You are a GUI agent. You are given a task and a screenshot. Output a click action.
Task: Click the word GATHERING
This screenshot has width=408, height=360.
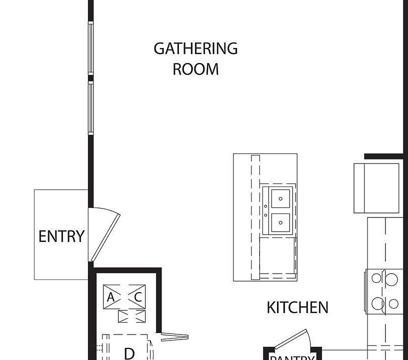point(195,49)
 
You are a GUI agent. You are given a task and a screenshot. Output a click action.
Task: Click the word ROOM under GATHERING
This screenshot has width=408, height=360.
point(195,69)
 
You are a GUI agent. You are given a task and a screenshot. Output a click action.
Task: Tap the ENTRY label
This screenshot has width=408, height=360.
point(61,236)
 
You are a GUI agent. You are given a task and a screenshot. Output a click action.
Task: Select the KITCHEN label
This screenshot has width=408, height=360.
point(297,307)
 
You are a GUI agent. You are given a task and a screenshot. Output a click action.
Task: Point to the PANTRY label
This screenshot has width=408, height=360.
point(292,357)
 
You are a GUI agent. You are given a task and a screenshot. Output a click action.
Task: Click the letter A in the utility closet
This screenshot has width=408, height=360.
point(111,297)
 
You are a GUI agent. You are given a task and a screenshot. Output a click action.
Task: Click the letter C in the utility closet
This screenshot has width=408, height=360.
point(138,297)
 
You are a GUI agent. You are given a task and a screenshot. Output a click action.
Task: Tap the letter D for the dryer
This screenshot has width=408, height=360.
point(129,353)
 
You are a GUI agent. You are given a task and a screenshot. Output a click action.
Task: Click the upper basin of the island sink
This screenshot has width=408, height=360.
point(281,198)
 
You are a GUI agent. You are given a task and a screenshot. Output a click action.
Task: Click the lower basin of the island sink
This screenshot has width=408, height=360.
point(281,222)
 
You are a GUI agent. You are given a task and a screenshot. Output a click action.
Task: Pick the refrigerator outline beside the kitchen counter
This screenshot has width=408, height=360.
point(376,187)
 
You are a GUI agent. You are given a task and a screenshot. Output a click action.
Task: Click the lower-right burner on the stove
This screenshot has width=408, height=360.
point(393,303)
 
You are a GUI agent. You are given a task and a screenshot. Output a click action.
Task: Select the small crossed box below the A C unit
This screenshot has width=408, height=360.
point(131,316)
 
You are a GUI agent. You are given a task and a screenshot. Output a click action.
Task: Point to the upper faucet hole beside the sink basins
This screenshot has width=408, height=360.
point(265,205)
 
